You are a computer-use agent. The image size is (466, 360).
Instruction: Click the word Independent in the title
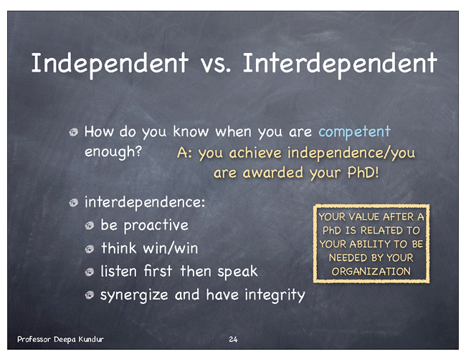[x=110, y=64]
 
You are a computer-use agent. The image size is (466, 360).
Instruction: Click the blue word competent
[x=354, y=132]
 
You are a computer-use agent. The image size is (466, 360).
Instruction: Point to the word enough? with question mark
[x=113, y=152]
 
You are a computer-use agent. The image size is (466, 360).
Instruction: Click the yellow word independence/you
[x=351, y=153]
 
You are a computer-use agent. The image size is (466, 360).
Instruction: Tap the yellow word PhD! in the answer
[x=363, y=172]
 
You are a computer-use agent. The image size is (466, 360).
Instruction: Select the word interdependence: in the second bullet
[x=145, y=203]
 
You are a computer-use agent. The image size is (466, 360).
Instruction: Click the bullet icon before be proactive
[x=90, y=226]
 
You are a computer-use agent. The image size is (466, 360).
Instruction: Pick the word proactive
[x=156, y=226]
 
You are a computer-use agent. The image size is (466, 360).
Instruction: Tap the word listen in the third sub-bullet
[x=118, y=271]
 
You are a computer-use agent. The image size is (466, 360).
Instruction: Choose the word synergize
[x=134, y=295]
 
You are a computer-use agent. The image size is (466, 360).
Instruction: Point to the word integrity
[x=275, y=295]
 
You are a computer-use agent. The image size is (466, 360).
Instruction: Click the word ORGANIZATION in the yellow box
[x=371, y=271]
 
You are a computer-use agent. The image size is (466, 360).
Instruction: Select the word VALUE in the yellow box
[x=363, y=217]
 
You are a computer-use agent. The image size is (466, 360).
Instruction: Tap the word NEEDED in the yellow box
[x=345, y=257]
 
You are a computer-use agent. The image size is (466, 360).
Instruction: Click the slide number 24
[x=233, y=339]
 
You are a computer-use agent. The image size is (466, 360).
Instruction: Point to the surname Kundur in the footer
[x=91, y=339]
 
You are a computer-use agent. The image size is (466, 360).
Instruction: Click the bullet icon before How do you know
[x=73, y=132]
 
